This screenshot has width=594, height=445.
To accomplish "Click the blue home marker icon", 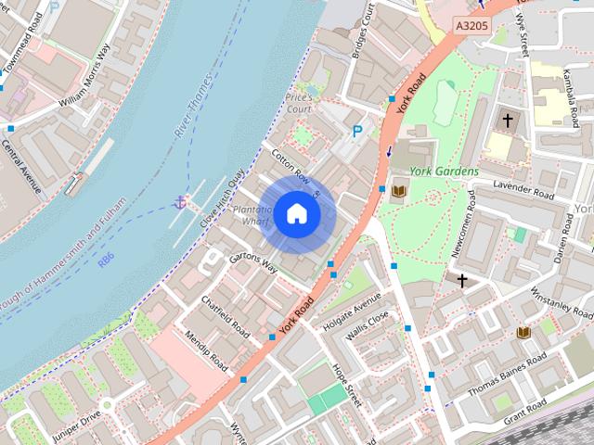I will (x=296, y=214).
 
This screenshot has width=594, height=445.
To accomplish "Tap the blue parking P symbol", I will (x=357, y=133).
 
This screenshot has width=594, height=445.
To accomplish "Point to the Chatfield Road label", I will (x=226, y=316).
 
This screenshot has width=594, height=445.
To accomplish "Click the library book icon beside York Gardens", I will (x=399, y=191).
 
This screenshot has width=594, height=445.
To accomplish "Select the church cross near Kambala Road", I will (x=508, y=120).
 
